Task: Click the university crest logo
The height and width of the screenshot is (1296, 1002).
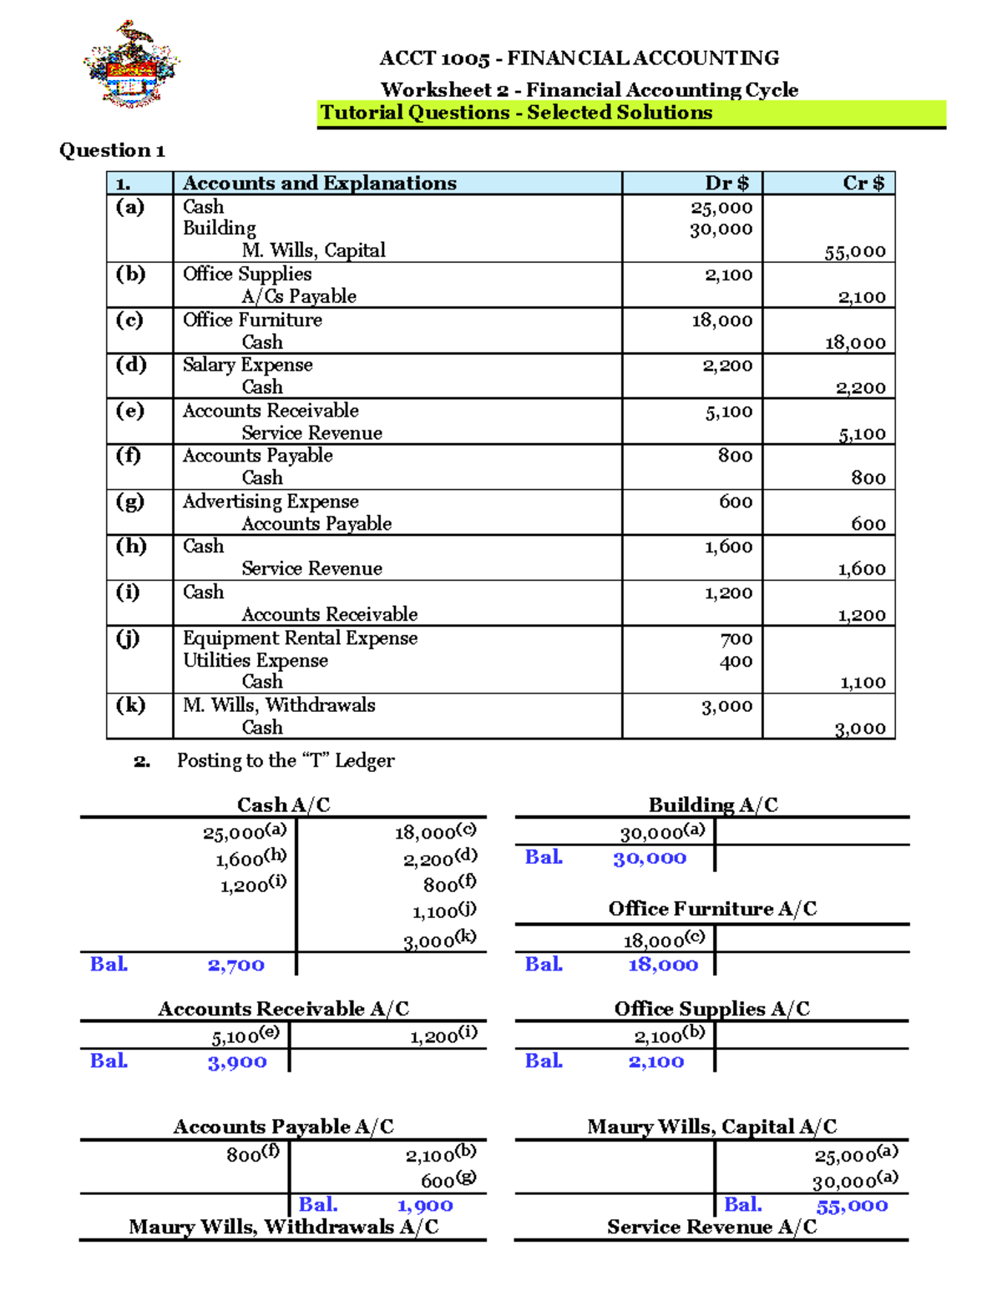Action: coord(131,65)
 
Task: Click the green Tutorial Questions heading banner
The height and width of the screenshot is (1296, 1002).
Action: coord(516,113)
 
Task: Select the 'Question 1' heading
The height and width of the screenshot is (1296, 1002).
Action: coord(112,150)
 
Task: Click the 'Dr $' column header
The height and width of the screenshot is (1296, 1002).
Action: coord(726,184)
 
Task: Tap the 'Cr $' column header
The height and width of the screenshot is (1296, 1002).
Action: coord(863,184)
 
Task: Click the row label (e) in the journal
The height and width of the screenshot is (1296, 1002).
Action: coord(130,411)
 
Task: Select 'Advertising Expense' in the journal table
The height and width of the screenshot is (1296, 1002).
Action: coord(271,502)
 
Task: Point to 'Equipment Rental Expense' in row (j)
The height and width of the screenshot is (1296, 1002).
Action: coord(300,638)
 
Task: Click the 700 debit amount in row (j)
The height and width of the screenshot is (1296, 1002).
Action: coord(736,639)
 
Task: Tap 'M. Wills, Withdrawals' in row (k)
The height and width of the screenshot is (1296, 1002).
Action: coord(279,705)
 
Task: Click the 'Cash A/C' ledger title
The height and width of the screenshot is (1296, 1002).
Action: coord(284,805)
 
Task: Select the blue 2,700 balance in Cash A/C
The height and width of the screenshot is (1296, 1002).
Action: coord(235,966)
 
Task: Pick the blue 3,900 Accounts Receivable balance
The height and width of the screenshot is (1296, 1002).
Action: coord(237,1062)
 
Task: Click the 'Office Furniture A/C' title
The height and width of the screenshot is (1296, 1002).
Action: coord(712,909)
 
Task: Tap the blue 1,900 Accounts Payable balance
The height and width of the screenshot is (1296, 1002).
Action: coord(425,1206)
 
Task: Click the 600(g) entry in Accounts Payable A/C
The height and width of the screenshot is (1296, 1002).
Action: coord(448,1180)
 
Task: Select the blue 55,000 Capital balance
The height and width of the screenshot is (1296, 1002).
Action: coord(852,1206)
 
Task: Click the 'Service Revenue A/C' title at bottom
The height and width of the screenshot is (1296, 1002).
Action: coord(711,1228)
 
